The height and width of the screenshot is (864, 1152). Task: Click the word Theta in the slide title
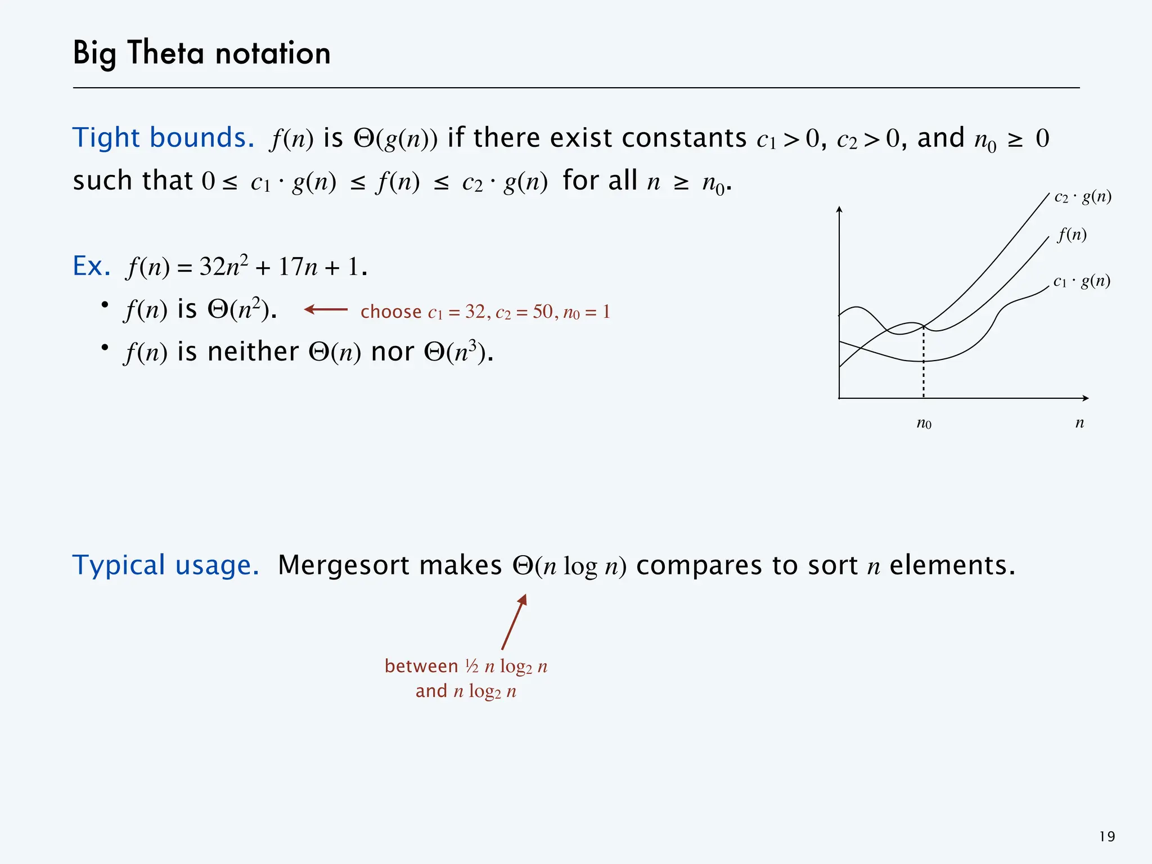click(x=165, y=53)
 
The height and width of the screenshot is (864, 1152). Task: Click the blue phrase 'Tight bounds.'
click(x=163, y=138)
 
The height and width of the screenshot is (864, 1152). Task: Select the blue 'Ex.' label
click(x=91, y=266)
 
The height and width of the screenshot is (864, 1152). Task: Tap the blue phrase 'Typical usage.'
click(x=165, y=565)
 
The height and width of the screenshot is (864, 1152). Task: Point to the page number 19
click(x=1106, y=837)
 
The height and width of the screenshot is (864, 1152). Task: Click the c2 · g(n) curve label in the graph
click(x=1083, y=197)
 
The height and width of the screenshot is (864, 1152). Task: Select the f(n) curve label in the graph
click(x=1072, y=234)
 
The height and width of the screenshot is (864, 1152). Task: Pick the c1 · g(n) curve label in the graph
click(x=1082, y=281)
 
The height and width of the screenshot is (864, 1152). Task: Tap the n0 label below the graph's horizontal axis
click(x=924, y=423)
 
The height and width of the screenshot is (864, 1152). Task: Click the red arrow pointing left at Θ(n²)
click(x=326, y=309)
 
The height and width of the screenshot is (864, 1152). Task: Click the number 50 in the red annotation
click(x=543, y=312)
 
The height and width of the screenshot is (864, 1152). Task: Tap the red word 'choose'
click(x=391, y=312)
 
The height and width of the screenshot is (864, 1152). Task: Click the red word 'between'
click(x=421, y=667)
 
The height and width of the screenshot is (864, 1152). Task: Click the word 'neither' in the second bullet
click(x=253, y=353)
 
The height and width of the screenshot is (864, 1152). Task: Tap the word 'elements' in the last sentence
click(x=952, y=565)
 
